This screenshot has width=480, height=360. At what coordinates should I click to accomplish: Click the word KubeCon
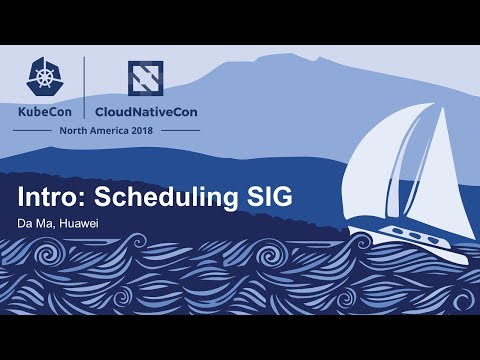click(x=51, y=111)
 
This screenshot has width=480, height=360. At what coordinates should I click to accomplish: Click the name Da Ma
click(x=46, y=222)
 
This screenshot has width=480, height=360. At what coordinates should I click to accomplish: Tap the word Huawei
click(x=93, y=222)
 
